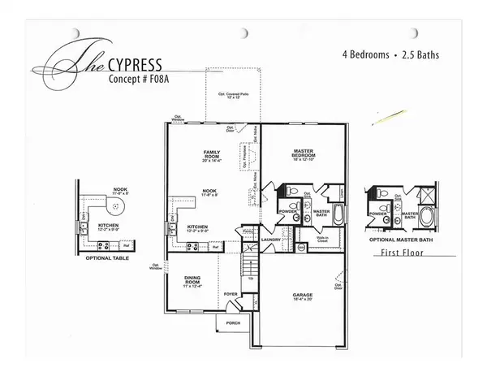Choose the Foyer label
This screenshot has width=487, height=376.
point(230,294)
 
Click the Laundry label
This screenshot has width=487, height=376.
point(270,240)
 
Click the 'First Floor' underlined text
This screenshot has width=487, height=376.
point(403,253)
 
